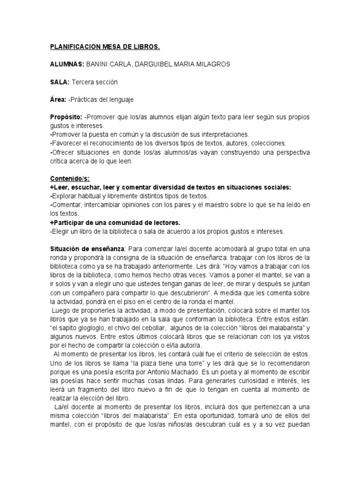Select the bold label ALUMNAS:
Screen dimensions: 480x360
(67, 64)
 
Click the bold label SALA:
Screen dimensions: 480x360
(60, 82)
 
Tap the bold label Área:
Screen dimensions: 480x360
(58, 99)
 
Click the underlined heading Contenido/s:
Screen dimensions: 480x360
(70, 179)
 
